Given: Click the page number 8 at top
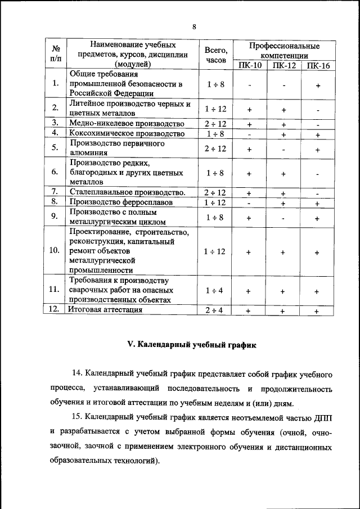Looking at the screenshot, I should (x=194, y=27).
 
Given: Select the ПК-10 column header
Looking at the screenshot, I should (x=249, y=65).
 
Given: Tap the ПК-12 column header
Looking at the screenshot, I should (x=284, y=65).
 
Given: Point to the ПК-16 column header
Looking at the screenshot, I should (x=318, y=65).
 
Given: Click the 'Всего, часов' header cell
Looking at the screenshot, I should (x=215, y=55).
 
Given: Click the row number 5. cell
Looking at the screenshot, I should (x=55, y=148).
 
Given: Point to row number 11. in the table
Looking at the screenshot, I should (x=55, y=290).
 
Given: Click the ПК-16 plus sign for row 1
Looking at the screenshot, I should (x=318, y=85).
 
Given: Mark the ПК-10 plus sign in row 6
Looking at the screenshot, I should (x=249, y=174).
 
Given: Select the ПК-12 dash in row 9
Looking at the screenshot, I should (x=284, y=218).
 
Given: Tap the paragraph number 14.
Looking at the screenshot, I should (x=78, y=373).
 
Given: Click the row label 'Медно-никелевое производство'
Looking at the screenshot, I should (x=127, y=123).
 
